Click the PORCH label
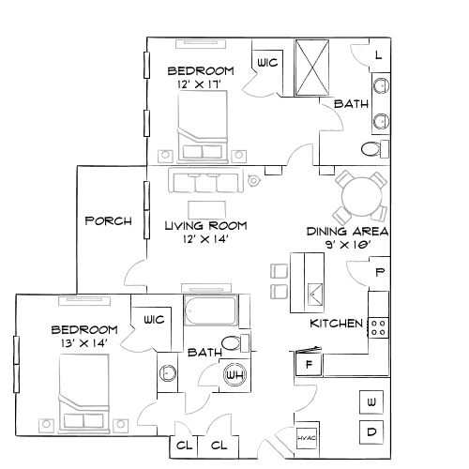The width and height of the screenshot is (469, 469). point(108,221)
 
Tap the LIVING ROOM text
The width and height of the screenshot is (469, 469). point(205,225)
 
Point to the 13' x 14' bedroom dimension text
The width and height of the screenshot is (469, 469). point(83,343)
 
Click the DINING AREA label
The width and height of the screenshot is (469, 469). point(348,232)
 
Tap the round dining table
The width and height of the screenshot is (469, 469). point(361,196)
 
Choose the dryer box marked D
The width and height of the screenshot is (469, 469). point(371,432)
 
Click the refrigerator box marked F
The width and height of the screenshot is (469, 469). point(308,362)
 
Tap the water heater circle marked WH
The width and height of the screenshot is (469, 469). point(234,376)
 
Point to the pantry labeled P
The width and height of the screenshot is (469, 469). point(380,273)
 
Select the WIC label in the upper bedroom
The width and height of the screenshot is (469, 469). point(266,64)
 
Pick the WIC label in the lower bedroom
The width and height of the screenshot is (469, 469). point(153,320)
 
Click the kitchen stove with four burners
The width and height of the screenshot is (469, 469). point(379,327)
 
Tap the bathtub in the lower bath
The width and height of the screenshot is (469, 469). point(212,310)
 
